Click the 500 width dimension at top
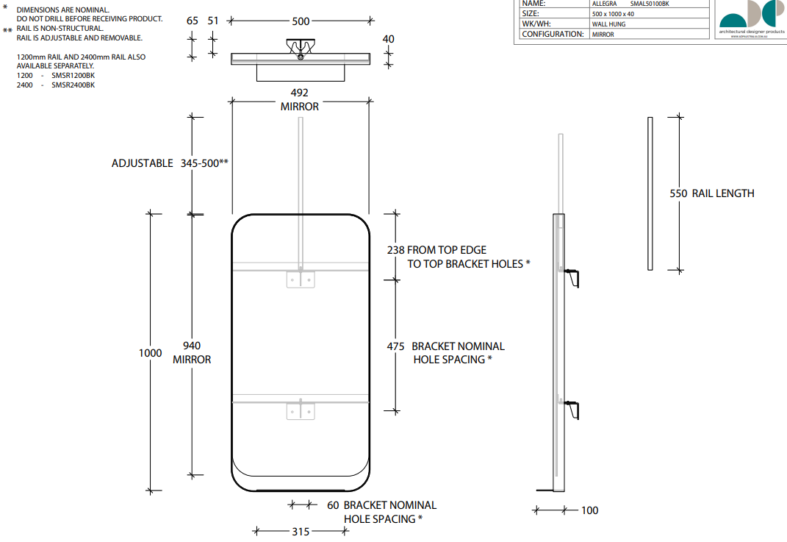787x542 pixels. (301, 21)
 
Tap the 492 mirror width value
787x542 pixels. (300, 93)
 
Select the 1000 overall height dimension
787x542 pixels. (150, 353)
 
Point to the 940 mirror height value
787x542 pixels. (192, 346)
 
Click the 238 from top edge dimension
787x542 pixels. (395, 250)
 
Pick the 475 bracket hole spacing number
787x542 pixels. (397, 346)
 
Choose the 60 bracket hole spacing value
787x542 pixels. (333, 505)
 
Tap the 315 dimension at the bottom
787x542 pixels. (301, 532)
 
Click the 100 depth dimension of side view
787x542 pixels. (589, 510)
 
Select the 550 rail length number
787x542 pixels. (678, 193)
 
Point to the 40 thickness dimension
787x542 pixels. (389, 39)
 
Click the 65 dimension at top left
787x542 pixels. (193, 21)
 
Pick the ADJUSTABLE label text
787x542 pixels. (143, 163)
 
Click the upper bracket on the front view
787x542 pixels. (300, 280)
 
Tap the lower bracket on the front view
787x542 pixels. (300, 410)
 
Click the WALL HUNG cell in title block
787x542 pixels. (608, 24)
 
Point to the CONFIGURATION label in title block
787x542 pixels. (553, 35)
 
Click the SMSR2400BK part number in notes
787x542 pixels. (73, 85)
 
